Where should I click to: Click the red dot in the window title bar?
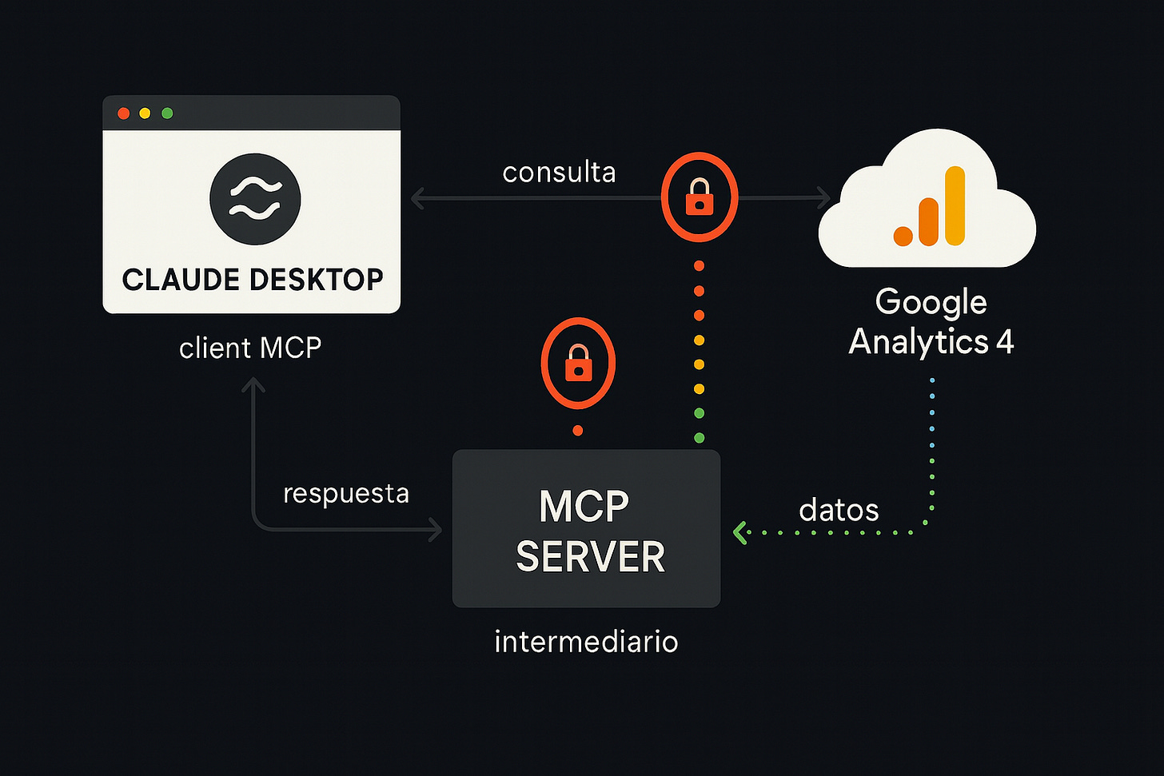tap(123, 113)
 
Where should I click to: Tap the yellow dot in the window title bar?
tap(145, 113)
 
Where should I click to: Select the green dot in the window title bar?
tap(167, 113)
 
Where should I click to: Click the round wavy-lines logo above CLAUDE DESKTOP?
tap(255, 199)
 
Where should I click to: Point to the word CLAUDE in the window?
tap(181, 281)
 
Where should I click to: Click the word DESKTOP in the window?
tap(317, 281)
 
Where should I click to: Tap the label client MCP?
tap(250, 348)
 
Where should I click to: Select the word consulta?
tap(559, 173)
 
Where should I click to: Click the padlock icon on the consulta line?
tap(700, 197)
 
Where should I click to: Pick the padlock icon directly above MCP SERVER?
tap(578, 364)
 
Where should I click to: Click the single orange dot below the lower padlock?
tap(578, 431)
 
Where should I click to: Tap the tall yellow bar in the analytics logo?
tap(955, 205)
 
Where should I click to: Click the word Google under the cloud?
tap(931, 302)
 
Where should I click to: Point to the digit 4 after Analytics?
tap(1005, 342)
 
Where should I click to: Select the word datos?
tap(839, 510)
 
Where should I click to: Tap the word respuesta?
tap(346, 493)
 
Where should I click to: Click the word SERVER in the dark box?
tap(590, 557)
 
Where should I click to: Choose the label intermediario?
tap(586, 642)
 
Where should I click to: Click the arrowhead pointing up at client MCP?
tap(253, 385)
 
